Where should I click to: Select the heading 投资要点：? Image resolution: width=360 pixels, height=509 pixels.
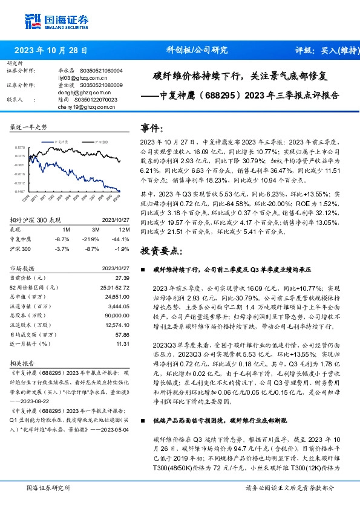click(x=159, y=251)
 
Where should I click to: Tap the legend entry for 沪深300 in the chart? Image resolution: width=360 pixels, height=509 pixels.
click(x=100, y=140)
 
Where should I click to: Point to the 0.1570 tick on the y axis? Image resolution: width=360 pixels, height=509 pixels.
click(x=19, y=147)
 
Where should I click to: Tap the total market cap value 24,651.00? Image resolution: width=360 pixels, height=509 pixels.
click(x=117, y=297)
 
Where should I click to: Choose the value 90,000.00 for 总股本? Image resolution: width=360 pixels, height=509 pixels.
click(x=118, y=315)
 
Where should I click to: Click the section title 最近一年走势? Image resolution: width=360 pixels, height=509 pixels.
click(x=29, y=128)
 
